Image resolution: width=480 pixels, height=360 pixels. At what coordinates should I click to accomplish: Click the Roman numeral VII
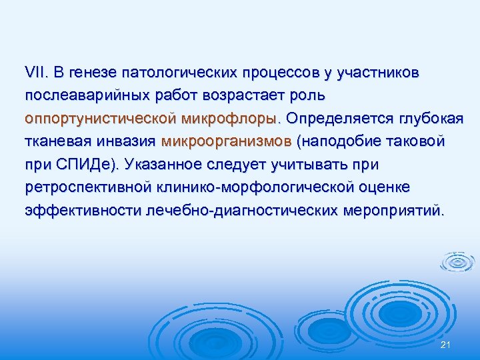(x=34, y=71)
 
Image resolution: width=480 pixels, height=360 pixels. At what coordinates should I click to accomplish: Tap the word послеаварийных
(x=81, y=95)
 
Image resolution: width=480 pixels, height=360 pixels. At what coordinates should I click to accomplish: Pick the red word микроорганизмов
(x=226, y=141)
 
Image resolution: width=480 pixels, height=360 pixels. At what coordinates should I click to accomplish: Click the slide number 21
(x=446, y=343)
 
